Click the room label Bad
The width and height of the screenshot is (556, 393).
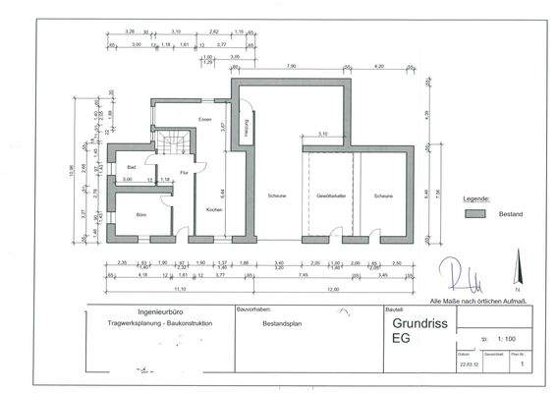point(130,167)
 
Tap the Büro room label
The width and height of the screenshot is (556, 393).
point(140,213)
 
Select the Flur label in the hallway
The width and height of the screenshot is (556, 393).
point(183,173)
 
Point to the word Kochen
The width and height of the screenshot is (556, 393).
point(213,209)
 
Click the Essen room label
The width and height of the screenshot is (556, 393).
point(204,120)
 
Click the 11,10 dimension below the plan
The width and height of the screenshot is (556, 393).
point(180,291)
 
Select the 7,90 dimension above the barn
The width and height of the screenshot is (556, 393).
point(292,66)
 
